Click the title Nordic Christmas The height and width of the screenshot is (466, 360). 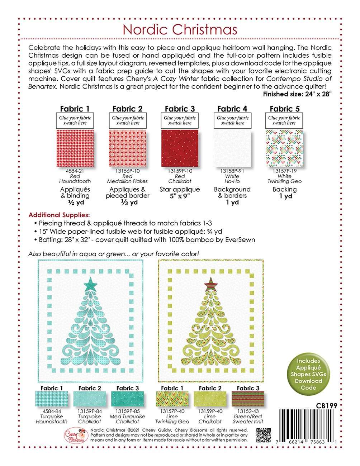(x=180, y=29)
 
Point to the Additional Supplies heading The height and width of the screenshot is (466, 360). (x=59, y=215)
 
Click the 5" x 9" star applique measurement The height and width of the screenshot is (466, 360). (x=180, y=196)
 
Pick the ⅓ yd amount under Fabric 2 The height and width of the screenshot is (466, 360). (x=127, y=203)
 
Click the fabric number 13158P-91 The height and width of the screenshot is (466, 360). (x=232, y=171)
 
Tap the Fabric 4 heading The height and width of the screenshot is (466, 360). (x=232, y=109)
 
